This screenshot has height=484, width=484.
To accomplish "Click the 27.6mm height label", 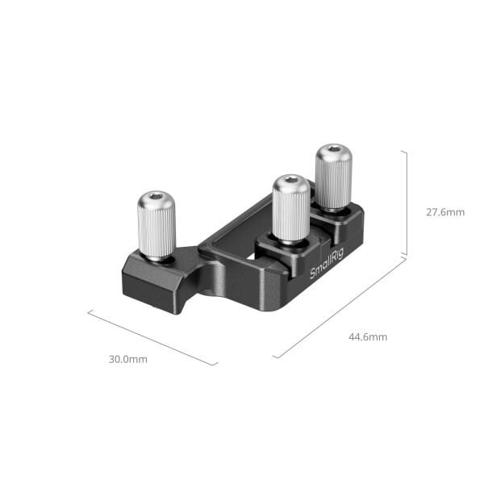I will point(445,213).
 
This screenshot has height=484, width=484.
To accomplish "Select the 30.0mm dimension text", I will point(128,359).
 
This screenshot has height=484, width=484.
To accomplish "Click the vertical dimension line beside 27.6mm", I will point(405,202).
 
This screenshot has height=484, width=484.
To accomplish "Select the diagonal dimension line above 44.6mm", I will point(339,307).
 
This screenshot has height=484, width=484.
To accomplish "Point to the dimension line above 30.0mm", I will point(152,337).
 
